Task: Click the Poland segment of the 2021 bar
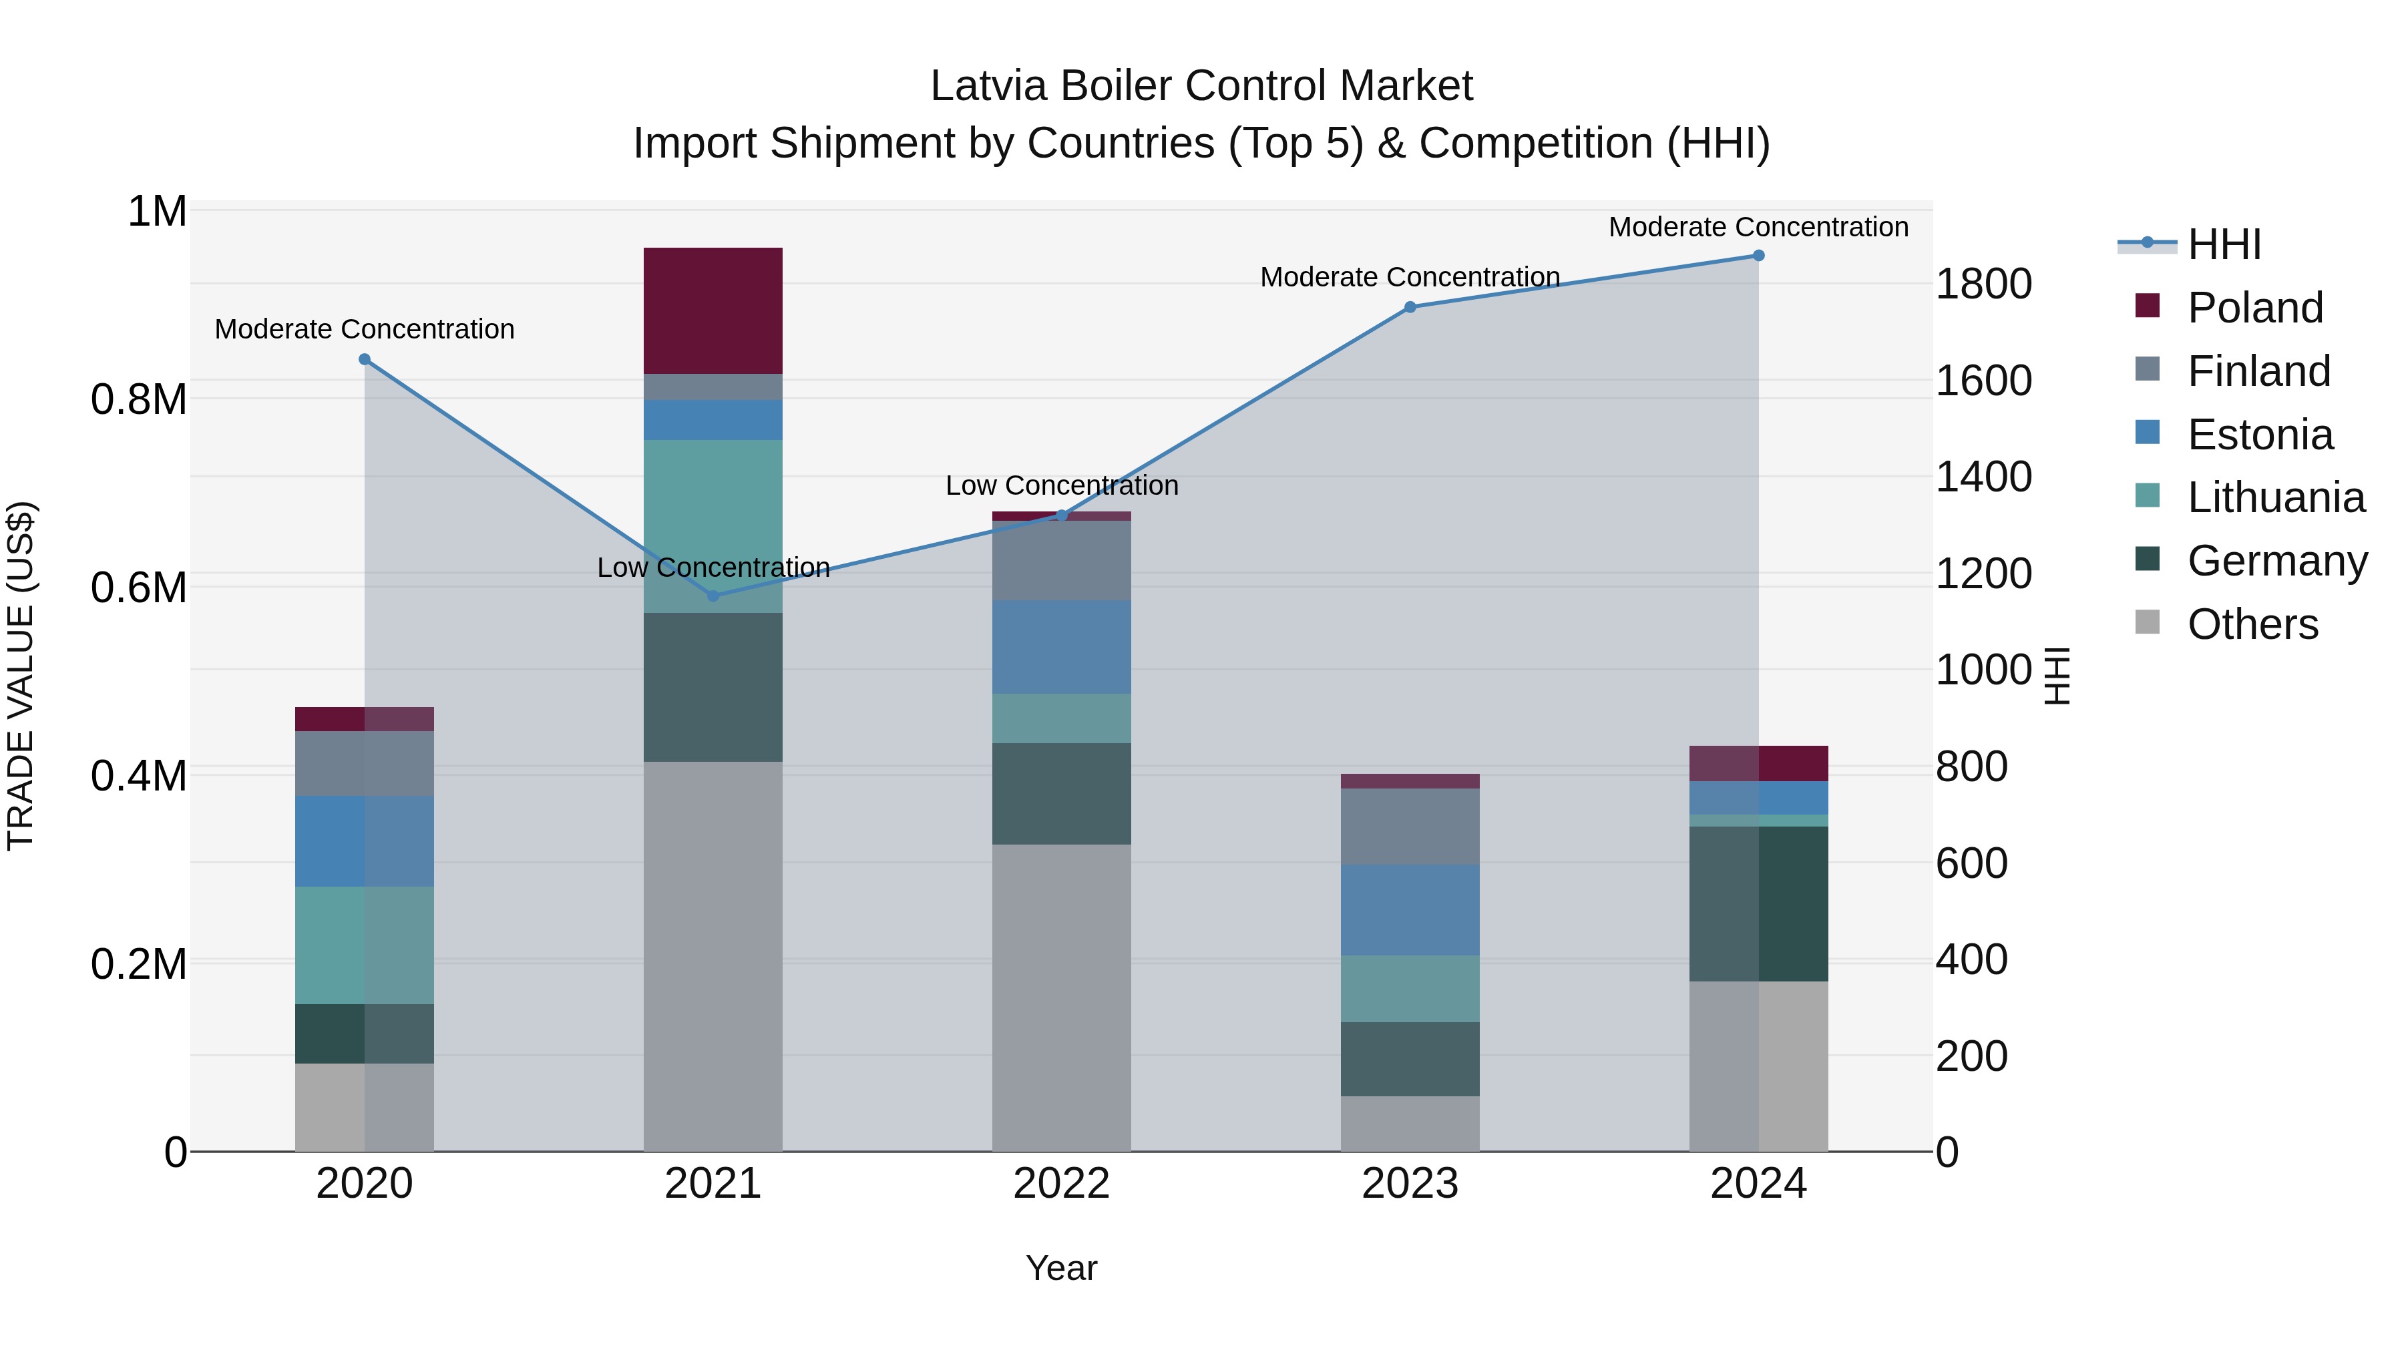pos(713,310)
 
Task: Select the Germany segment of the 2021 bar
pos(713,687)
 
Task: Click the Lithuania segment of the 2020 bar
pos(364,945)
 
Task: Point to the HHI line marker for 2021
pos(713,596)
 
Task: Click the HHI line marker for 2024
pos(1758,256)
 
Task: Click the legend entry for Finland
pos(2258,371)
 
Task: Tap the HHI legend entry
pos(2224,244)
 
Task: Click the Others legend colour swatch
pos(2148,622)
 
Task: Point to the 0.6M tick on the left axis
pos(139,588)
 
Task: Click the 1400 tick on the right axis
pos(1983,477)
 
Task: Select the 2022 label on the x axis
pos(1061,1183)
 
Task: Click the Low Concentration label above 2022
pos(1061,485)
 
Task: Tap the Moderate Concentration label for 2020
pos(364,329)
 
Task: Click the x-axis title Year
pos(1061,1268)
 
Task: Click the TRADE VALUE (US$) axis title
pos(21,676)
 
